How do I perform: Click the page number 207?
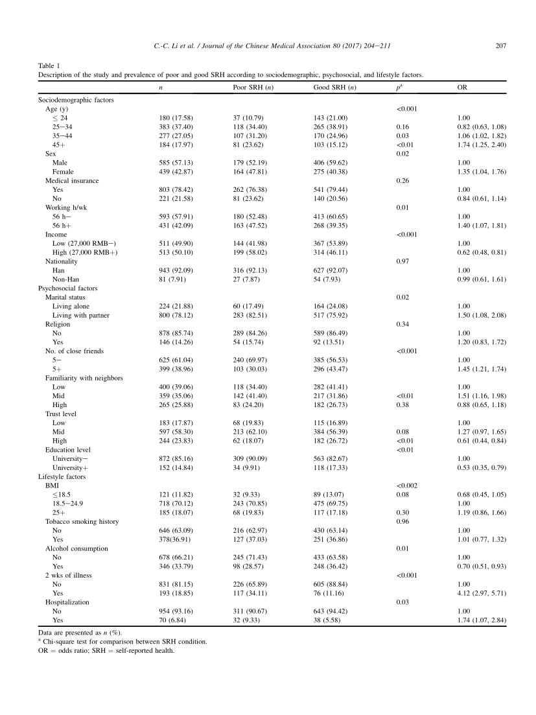(x=499, y=45)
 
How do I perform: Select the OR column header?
(x=462, y=88)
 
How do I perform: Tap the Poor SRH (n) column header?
(x=253, y=88)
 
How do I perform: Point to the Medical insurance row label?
(x=72, y=180)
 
